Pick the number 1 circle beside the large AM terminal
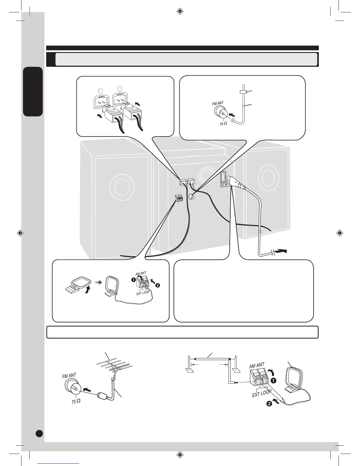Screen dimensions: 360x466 (x=274, y=380)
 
